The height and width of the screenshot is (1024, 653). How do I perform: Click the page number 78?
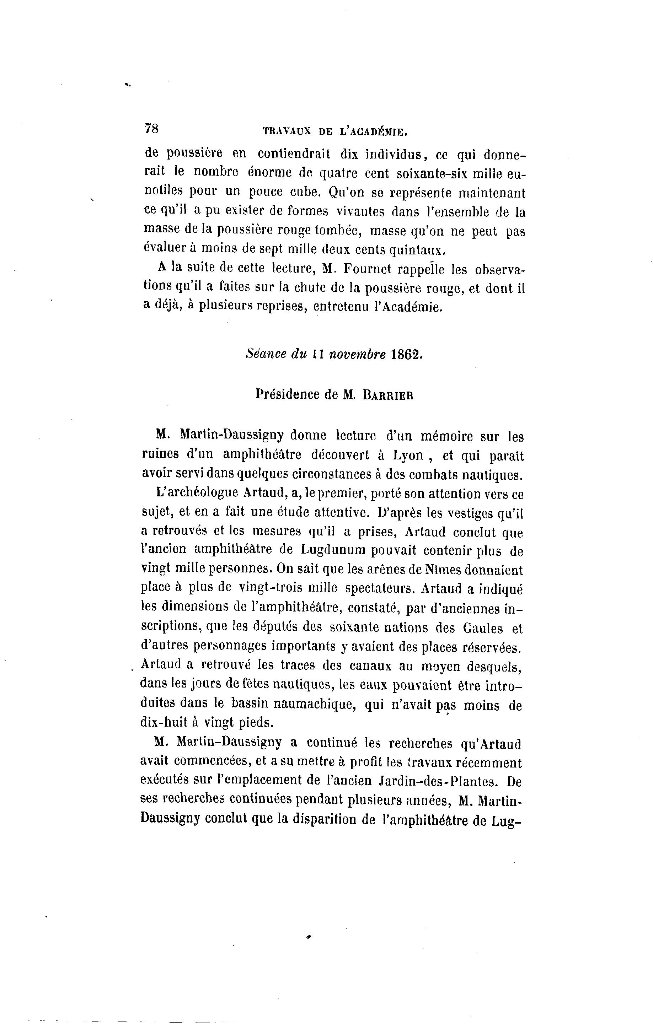[x=152, y=128]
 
